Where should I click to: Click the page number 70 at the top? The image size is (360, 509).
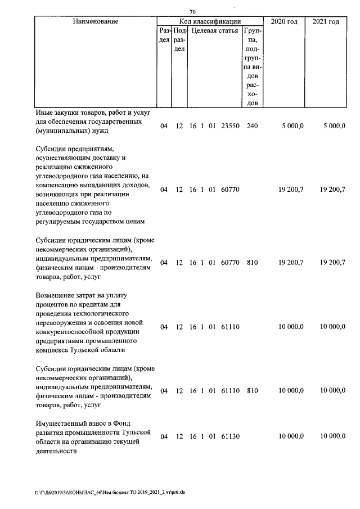click(192, 12)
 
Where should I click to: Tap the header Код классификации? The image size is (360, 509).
click(210, 21)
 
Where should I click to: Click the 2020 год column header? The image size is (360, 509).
click(285, 21)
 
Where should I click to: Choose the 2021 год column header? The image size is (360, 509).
click(326, 21)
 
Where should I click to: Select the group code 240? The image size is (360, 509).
click(252, 127)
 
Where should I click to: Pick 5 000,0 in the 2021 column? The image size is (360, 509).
click(334, 127)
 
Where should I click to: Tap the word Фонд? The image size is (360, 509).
click(141, 422)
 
